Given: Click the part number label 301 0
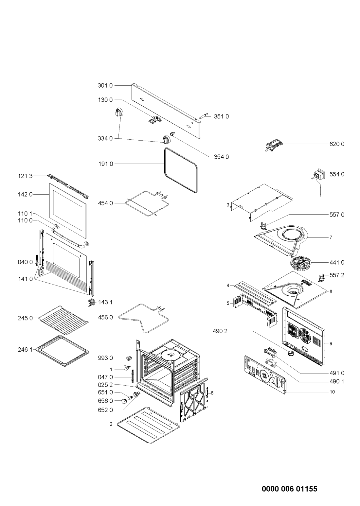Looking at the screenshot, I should (105, 86).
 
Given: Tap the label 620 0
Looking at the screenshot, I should (337, 144).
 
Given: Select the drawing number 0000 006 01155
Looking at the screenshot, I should (289, 480).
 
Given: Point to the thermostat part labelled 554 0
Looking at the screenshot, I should (319, 175).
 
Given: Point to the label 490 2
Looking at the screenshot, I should (221, 331).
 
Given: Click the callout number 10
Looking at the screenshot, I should (332, 391).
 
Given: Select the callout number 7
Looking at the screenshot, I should (331, 237).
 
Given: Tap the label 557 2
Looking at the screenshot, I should (337, 275).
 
